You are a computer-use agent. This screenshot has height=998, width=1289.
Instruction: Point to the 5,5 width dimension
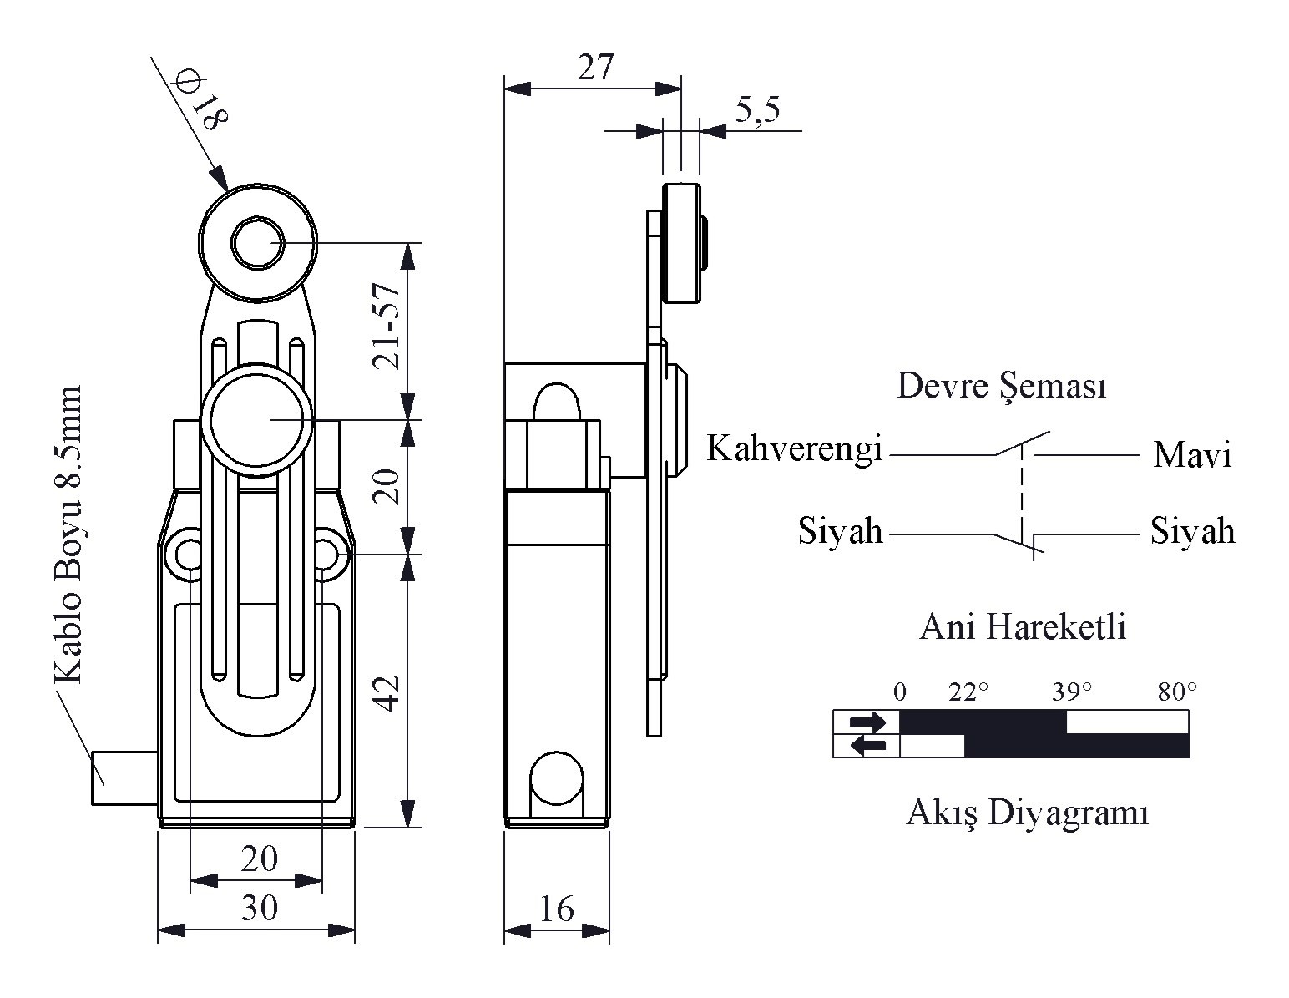[x=757, y=109]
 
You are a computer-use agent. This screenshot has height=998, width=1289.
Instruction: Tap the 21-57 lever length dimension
[x=387, y=327]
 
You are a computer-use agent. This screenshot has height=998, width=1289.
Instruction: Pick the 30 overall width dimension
[x=260, y=907]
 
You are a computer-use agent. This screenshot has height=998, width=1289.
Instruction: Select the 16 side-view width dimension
[x=556, y=909]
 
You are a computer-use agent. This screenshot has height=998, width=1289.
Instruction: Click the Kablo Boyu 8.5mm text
[x=68, y=534]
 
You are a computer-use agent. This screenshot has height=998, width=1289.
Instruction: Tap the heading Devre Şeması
[x=1001, y=386]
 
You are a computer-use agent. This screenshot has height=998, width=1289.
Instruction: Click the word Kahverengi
[x=795, y=448]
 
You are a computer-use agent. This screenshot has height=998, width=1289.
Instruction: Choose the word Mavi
[x=1192, y=455]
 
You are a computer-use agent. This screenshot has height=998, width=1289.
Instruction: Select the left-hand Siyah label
[x=841, y=530]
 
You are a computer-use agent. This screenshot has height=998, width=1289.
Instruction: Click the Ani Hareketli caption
[x=1023, y=626]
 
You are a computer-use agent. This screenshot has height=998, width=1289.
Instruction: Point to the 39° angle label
[x=1072, y=692]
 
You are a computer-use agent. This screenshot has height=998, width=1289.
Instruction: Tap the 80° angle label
[x=1177, y=692]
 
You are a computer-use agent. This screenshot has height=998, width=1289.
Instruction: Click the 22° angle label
[x=968, y=692]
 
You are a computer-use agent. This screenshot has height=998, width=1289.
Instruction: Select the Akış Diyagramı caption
[x=1028, y=813]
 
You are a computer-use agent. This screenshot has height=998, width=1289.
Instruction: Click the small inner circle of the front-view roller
[x=257, y=243]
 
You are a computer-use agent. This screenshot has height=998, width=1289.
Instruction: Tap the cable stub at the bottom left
[x=124, y=778]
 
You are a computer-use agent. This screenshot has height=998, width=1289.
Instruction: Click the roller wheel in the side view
[x=681, y=243]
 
